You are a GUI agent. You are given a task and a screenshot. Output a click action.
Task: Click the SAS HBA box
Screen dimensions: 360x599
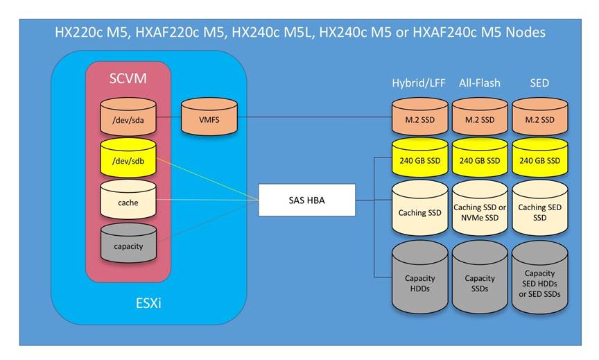306,200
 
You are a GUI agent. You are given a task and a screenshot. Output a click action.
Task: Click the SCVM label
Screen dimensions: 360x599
128,79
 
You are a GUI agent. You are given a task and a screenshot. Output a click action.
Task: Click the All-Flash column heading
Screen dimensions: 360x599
480,83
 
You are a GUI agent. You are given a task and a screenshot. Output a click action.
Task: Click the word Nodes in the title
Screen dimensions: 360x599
526,33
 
